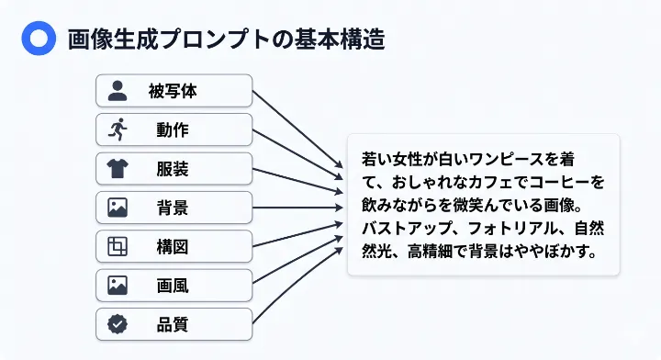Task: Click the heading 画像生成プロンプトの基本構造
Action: pyautogui.click(x=226, y=39)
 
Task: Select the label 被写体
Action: pyautogui.click(x=173, y=91)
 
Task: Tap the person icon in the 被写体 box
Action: pyautogui.click(x=118, y=91)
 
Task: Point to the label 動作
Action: pyautogui.click(x=173, y=129)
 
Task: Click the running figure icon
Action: pyautogui.click(x=118, y=129)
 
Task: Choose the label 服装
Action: pyautogui.click(x=173, y=169)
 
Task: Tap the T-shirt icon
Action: pyautogui.click(x=118, y=169)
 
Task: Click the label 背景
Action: pyautogui.click(x=173, y=208)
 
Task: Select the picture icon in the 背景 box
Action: pyautogui.click(x=118, y=208)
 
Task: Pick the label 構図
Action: pyautogui.click(x=173, y=246)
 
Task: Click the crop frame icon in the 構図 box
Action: pyautogui.click(x=118, y=246)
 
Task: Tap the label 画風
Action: pyautogui.click(x=173, y=286)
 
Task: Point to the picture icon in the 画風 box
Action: pyautogui.click(x=118, y=286)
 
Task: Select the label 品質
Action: pyautogui.click(x=173, y=324)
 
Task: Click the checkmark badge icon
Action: pyautogui.click(x=118, y=324)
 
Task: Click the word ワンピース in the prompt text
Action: pyautogui.click(x=514, y=159)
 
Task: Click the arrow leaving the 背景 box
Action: pyautogui.click(x=298, y=207)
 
